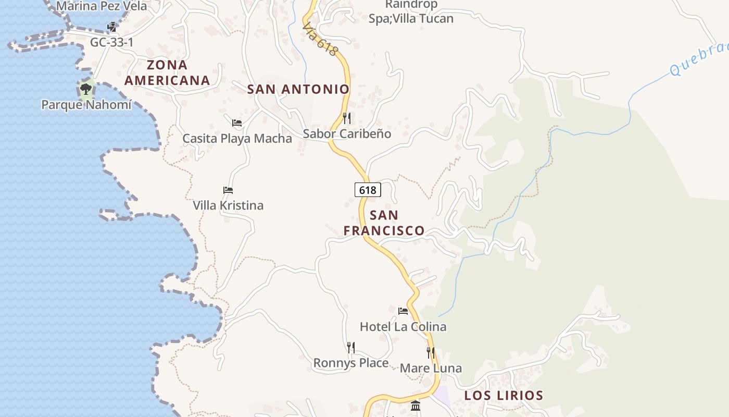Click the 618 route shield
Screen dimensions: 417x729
(368, 190)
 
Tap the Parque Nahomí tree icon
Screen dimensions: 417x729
(86, 89)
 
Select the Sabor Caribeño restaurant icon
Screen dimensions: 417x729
(347, 118)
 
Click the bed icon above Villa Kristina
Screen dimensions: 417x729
(228, 190)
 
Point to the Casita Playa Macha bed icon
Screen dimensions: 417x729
(237, 123)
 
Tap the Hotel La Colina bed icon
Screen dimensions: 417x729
(403, 311)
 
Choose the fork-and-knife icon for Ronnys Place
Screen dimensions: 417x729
(351, 347)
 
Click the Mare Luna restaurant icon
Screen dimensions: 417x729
(431, 353)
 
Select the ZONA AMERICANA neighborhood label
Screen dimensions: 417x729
(167, 73)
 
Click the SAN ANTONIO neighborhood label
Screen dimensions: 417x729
(298, 89)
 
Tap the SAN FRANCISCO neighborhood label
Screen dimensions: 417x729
(384, 223)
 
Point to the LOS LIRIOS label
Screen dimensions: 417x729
(504, 396)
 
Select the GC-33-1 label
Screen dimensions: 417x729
(111, 42)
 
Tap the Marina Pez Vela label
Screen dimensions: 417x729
(102, 7)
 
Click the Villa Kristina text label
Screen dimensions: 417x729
(228, 205)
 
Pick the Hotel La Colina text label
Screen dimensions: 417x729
(403, 327)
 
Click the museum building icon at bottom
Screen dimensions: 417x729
(416, 406)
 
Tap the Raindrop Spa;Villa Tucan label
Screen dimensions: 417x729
(411, 12)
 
